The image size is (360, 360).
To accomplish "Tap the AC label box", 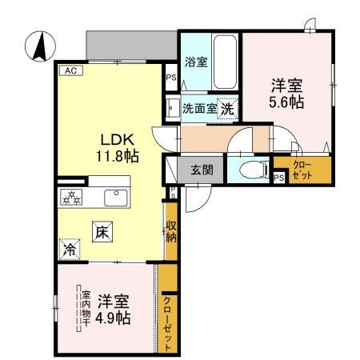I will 70,70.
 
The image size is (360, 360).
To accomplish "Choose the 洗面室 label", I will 200,108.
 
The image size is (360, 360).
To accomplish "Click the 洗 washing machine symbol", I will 227,108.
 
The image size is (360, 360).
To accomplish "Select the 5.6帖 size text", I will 286,102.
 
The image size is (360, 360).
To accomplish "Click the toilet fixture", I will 250,170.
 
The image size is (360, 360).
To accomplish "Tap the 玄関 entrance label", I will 202,170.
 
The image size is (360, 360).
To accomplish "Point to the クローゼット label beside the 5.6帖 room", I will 302,170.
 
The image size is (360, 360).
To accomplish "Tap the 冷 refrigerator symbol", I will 70,250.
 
